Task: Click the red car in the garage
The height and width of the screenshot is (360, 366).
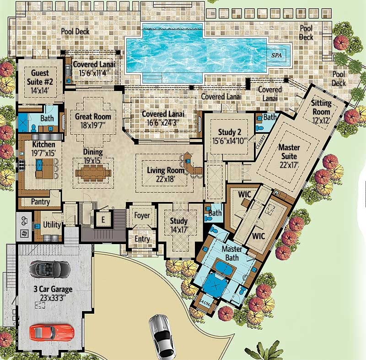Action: point(52,333)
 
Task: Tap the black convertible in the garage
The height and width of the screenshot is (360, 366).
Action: point(50,269)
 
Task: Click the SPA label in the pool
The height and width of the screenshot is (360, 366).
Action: point(276,55)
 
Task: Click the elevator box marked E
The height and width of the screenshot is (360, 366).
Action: point(103,219)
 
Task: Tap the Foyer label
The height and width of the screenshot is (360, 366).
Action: point(142,215)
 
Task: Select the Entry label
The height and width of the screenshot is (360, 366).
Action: point(142,239)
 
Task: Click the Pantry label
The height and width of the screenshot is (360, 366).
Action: point(40,202)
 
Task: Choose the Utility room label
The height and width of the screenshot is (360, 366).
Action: point(52,225)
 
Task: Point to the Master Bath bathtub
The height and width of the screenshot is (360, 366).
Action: point(224,268)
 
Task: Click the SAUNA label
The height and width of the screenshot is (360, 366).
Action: point(205,303)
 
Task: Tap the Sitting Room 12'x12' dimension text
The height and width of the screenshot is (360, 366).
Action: point(321,120)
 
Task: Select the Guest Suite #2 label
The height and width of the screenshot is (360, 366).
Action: point(40,77)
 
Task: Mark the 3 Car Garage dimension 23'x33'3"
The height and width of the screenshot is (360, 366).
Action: point(53,298)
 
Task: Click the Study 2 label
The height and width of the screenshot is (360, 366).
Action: point(230,132)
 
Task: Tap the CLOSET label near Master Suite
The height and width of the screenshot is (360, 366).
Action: point(260,142)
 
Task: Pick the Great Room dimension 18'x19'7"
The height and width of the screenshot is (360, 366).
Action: point(93,125)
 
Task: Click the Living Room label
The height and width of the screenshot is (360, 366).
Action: point(166,170)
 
